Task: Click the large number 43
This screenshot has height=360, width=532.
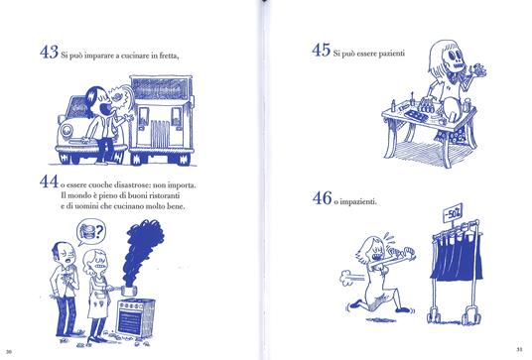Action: click(x=49, y=53)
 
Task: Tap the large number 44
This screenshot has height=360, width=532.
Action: click(x=49, y=181)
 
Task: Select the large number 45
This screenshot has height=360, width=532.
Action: click(x=321, y=50)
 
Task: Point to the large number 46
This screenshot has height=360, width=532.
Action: click(x=322, y=198)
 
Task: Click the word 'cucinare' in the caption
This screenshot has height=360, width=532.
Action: click(x=138, y=56)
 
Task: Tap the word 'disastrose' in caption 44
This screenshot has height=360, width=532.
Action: click(x=132, y=185)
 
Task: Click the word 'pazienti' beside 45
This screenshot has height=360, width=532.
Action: click(x=391, y=54)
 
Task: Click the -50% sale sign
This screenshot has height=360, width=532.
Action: click(x=453, y=212)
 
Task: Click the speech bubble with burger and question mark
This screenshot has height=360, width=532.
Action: click(x=91, y=231)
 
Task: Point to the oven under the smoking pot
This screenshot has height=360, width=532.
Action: click(x=135, y=318)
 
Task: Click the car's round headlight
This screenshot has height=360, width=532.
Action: click(x=66, y=131)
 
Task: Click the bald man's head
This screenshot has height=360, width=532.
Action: click(x=64, y=254)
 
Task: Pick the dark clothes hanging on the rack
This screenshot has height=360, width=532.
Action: click(x=457, y=257)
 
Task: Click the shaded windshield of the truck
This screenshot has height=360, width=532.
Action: click(x=160, y=88)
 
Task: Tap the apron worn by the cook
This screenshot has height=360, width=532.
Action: click(x=99, y=299)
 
